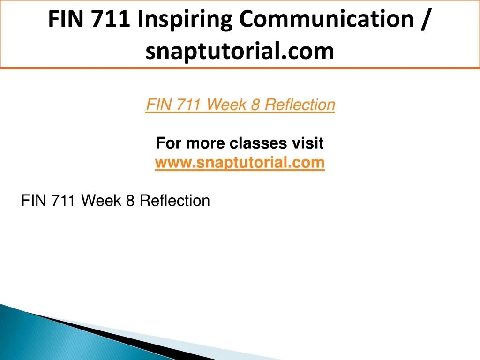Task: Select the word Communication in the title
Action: click(326, 19)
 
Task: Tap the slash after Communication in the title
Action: click(425, 19)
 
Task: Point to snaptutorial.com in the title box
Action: click(240, 51)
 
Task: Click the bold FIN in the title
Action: click(66, 19)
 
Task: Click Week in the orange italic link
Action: click(226, 105)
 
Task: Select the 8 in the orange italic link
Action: click(255, 105)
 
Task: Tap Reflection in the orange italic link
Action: click(300, 105)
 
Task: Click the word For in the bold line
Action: click(168, 143)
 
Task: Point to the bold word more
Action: click(206, 143)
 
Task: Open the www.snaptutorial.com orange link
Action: click(240, 162)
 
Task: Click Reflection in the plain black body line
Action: click(175, 201)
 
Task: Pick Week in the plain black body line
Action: click(101, 201)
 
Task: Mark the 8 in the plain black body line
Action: click(130, 201)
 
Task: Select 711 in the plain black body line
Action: click(63, 201)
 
